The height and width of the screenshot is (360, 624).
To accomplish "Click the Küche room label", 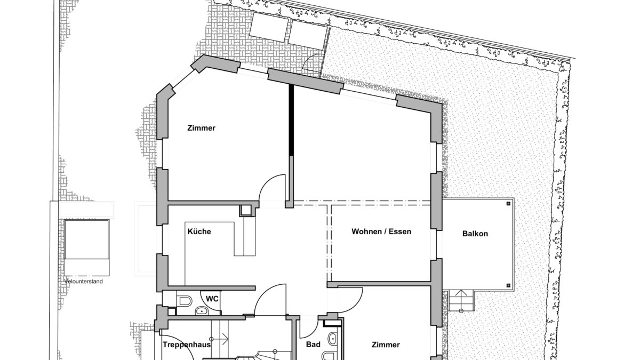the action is (199, 231).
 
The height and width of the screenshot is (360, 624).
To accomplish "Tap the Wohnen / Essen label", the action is (381, 231).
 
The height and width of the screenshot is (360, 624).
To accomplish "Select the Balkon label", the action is (475, 234).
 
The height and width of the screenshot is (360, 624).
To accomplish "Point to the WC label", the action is (212, 298).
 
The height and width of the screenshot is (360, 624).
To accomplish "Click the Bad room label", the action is (313, 345).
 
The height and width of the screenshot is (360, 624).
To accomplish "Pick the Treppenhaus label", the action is (187, 345).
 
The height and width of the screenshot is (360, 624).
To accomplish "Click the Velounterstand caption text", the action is (84, 282).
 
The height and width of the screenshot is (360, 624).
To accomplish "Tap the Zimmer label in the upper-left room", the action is (202, 128).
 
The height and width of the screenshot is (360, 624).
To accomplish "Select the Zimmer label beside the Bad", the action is (386, 345).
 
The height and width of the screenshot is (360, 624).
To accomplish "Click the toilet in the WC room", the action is (184, 301).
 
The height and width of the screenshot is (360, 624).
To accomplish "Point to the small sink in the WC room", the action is (202, 311).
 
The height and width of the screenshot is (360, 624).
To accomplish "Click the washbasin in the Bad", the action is (332, 339).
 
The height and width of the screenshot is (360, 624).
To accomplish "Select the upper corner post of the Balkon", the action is (508, 204).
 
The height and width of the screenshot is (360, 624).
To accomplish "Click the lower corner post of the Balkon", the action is (508, 285).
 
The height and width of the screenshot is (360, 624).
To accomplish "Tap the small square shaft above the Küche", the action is (246, 211).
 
